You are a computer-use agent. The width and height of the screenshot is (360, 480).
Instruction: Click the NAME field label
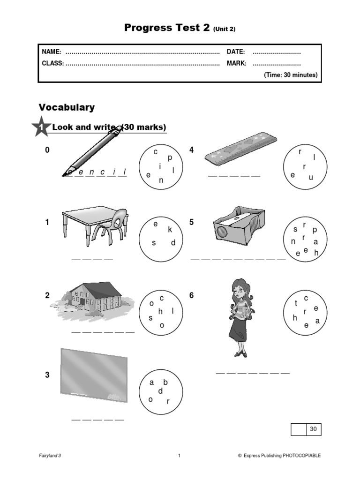click(52, 52)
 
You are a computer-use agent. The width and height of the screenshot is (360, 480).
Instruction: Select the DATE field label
click(236, 52)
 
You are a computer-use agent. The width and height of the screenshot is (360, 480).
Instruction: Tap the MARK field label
click(237, 63)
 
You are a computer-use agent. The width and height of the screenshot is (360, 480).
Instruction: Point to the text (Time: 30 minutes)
click(291, 75)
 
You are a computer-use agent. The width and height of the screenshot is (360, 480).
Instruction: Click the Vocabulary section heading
click(67, 107)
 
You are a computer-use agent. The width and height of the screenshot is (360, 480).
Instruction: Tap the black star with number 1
click(41, 127)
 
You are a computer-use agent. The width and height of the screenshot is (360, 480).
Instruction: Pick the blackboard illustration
click(94, 375)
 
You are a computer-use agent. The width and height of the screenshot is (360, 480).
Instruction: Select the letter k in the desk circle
click(170, 230)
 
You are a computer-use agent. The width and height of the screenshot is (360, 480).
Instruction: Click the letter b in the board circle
click(165, 382)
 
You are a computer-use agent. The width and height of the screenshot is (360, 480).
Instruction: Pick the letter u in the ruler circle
click(310, 178)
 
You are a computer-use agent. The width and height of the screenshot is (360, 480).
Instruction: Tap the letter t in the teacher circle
click(296, 303)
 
